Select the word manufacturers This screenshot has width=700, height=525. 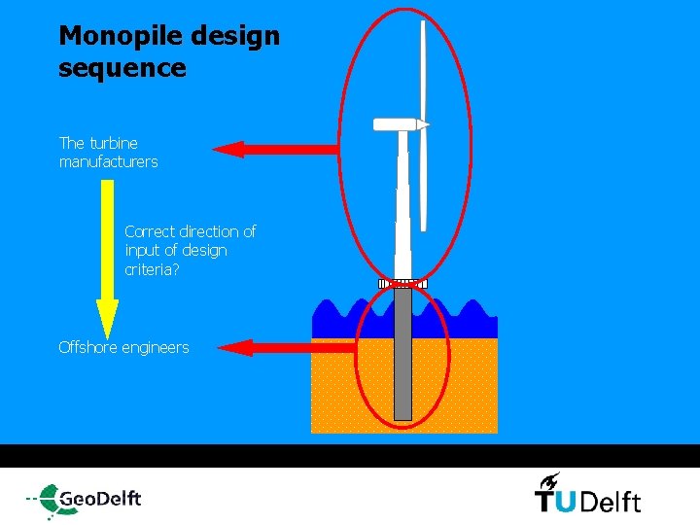[x=108, y=162]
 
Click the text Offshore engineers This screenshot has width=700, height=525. [x=123, y=347]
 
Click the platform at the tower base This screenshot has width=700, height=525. [x=402, y=284]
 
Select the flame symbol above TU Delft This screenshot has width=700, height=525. [x=549, y=479]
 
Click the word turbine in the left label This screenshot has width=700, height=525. [x=114, y=143]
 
